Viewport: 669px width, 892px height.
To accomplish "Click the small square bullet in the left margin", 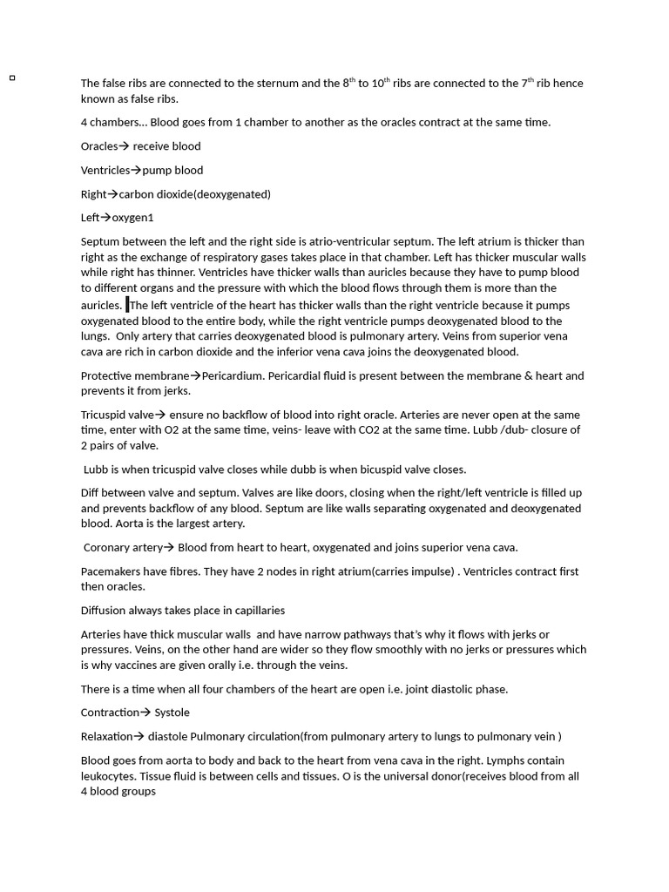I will click(x=12, y=78).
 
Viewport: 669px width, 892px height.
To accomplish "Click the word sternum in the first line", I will click(x=278, y=84).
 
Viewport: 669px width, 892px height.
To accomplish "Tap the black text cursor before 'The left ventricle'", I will click(x=127, y=305).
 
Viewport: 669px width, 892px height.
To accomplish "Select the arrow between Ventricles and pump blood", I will click(x=136, y=170).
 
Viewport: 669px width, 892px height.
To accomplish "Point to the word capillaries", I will click(x=258, y=611).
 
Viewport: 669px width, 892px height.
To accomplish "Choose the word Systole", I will click(x=172, y=713).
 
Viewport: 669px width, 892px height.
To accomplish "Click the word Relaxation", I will click(x=107, y=737).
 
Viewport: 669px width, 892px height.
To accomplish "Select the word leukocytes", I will click(x=108, y=776).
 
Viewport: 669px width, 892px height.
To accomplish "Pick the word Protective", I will click(x=107, y=376).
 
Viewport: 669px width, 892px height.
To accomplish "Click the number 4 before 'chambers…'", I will click(x=84, y=123).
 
